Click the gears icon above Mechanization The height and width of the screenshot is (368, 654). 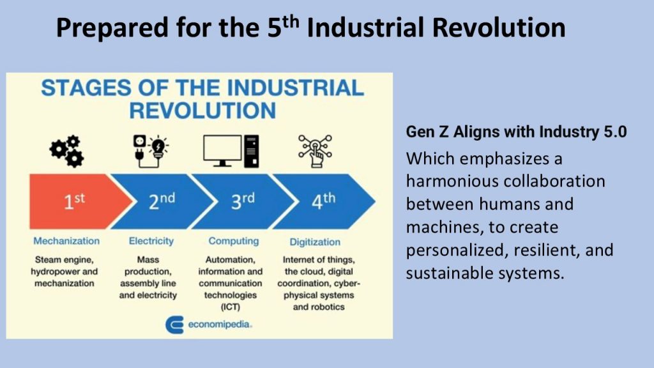(66, 151)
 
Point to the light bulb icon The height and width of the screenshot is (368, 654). (158, 148)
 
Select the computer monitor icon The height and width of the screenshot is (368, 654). (222, 151)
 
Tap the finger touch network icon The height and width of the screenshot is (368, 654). (316, 151)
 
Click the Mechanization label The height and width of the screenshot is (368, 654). (66, 241)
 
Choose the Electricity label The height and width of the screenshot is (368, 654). (151, 241)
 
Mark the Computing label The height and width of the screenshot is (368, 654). (234, 241)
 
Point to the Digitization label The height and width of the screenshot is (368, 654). (315, 242)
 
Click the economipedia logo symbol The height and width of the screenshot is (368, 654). (174, 325)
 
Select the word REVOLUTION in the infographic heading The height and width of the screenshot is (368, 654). (202, 111)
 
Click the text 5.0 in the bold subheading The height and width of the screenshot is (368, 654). (615, 132)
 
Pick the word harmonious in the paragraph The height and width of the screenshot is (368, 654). (452, 181)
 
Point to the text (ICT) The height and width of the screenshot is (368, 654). (230, 307)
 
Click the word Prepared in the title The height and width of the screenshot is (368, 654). (112, 28)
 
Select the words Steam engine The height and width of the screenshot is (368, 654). (65, 260)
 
